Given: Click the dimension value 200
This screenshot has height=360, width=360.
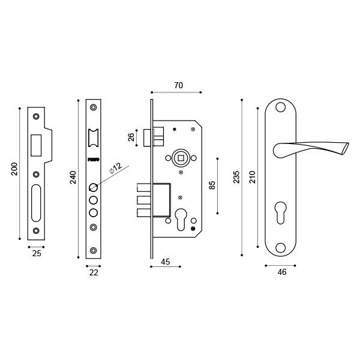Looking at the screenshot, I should pos(14,169).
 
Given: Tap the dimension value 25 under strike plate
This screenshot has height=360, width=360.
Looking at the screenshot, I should pos(37,254).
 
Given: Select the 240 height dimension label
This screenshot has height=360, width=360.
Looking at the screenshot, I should pos(73,178).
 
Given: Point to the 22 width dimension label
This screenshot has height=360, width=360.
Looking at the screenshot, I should pos(94,272).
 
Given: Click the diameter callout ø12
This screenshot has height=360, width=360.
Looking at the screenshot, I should pos(115,167).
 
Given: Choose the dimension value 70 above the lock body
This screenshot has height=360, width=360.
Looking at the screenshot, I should pos(178,85).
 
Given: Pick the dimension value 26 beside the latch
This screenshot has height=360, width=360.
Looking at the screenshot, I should pos(131,137).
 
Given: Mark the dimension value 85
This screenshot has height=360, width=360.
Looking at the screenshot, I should pos(212,185).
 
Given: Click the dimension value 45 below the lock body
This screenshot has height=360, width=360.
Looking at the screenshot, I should pos(166,262).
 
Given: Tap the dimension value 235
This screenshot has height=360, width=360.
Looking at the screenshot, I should pos(236,177).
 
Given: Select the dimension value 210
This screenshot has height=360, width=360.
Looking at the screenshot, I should pos(252,177).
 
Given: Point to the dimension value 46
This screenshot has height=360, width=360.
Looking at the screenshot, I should pos(282,272).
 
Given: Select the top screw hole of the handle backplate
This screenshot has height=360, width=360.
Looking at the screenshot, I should pos(280,107).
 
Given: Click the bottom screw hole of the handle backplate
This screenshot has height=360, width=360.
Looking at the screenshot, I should pos(280,247).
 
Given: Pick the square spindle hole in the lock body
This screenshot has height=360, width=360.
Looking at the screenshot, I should pos(180,158).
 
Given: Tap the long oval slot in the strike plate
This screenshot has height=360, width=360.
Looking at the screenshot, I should pos(37,203).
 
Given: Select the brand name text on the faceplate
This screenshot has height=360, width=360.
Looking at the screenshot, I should pos(93,160).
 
